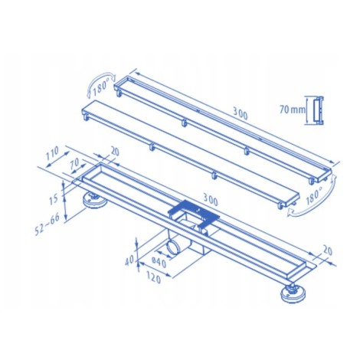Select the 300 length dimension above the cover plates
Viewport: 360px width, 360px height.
point(241,113)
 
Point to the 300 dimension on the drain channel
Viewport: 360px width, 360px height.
point(211,200)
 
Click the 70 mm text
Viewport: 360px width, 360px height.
point(293,110)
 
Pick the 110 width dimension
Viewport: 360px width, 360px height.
point(52,153)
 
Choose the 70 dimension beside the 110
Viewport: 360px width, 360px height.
point(75,164)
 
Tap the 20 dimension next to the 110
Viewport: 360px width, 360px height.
point(115,152)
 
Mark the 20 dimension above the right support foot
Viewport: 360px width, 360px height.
point(328,250)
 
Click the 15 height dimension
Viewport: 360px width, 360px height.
point(54,199)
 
